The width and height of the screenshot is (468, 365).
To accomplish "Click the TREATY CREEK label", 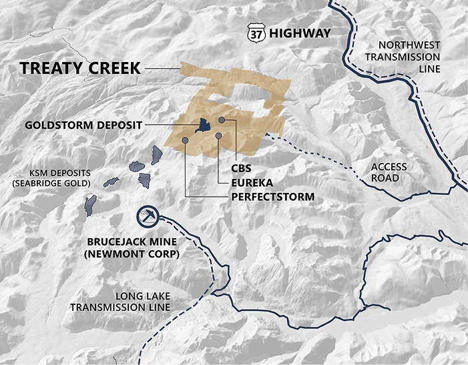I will click(80, 68).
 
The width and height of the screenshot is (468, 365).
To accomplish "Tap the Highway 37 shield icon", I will click(255, 32).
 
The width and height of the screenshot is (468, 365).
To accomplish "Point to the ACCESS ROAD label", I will click(389, 173).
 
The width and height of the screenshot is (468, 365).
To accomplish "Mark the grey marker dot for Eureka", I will click(219, 136).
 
